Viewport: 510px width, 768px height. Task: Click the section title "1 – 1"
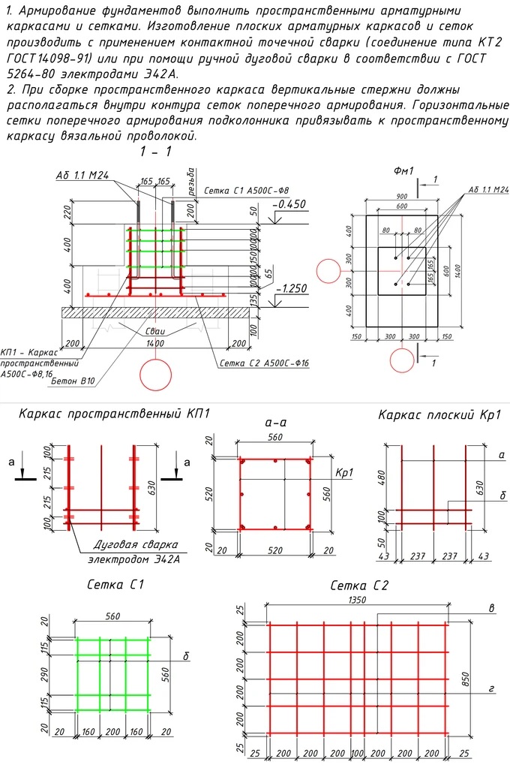155,152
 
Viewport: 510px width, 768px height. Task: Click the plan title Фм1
403,171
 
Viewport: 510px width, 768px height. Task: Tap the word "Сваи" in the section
156,331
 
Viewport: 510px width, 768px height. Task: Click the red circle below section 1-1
156,375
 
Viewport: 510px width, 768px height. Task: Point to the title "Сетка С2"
358,585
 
